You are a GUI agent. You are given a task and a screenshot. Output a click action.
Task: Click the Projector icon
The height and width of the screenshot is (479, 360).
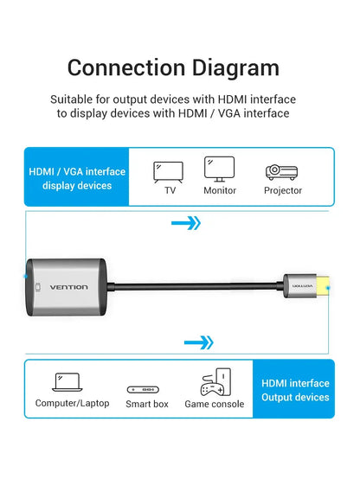pyautogui.click(x=283, y=170)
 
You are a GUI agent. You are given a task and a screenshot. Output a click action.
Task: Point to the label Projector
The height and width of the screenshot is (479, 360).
pyautogui.click(x=283, y=190)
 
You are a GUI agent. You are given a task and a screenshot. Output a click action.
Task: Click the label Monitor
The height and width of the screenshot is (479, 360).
pyautogui.click(x=220, y=190)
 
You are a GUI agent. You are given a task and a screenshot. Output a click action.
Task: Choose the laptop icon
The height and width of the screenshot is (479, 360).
pyautogui.click(x=67, y=381)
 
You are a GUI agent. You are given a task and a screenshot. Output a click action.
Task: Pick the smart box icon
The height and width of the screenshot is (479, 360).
pyautogui.click(x=148, y=390)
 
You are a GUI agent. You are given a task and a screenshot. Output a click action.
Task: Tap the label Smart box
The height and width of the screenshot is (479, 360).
pyautogui.click(x=148, y=403)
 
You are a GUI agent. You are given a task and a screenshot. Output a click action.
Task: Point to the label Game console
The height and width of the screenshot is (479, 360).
pyautogui.click(x=215, y=403)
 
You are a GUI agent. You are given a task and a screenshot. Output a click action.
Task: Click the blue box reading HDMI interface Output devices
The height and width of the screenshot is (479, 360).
pyautogui.click(x=294, y=390)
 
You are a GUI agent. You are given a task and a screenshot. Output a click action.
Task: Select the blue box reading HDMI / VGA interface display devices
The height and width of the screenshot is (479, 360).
pyautogui.click(x=77, y=178)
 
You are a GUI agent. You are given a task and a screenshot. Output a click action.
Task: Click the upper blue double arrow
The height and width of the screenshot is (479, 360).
pyautogui.click(x=186, y=223)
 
